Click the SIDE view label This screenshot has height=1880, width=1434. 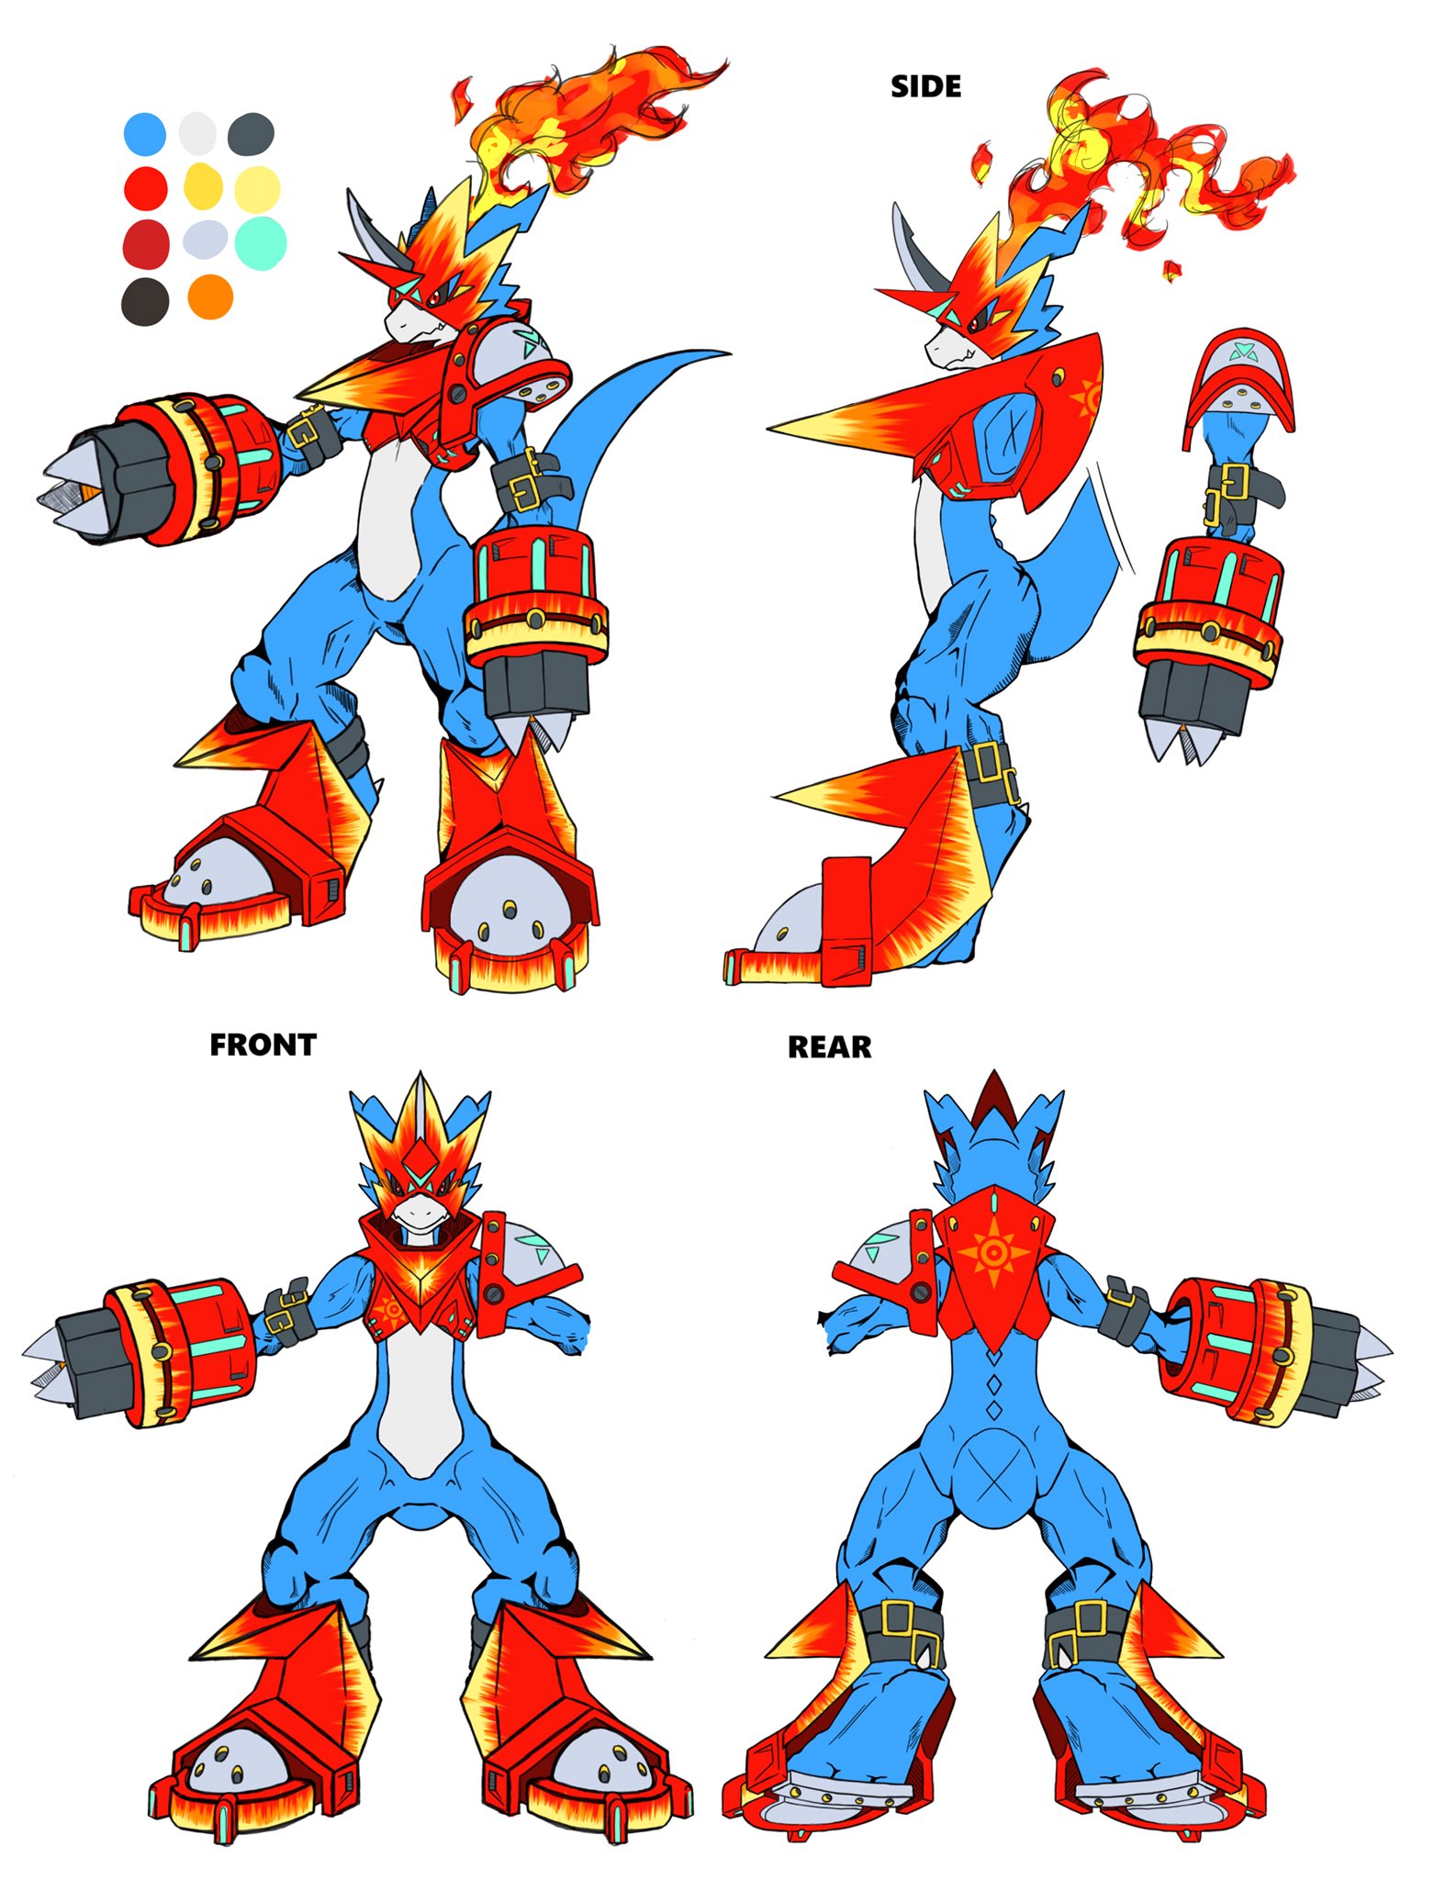coord(925,86)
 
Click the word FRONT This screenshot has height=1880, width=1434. coord(263,1045)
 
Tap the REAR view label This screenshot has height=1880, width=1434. coord(829,1047)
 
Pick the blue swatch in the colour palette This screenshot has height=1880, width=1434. coord(145,134)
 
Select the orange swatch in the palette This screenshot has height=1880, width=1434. coord(209,297)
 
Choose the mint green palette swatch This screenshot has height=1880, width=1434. coord(261,242)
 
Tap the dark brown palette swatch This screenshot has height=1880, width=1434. coord(145,300)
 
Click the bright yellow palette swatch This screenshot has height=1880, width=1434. coord(203,186)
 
